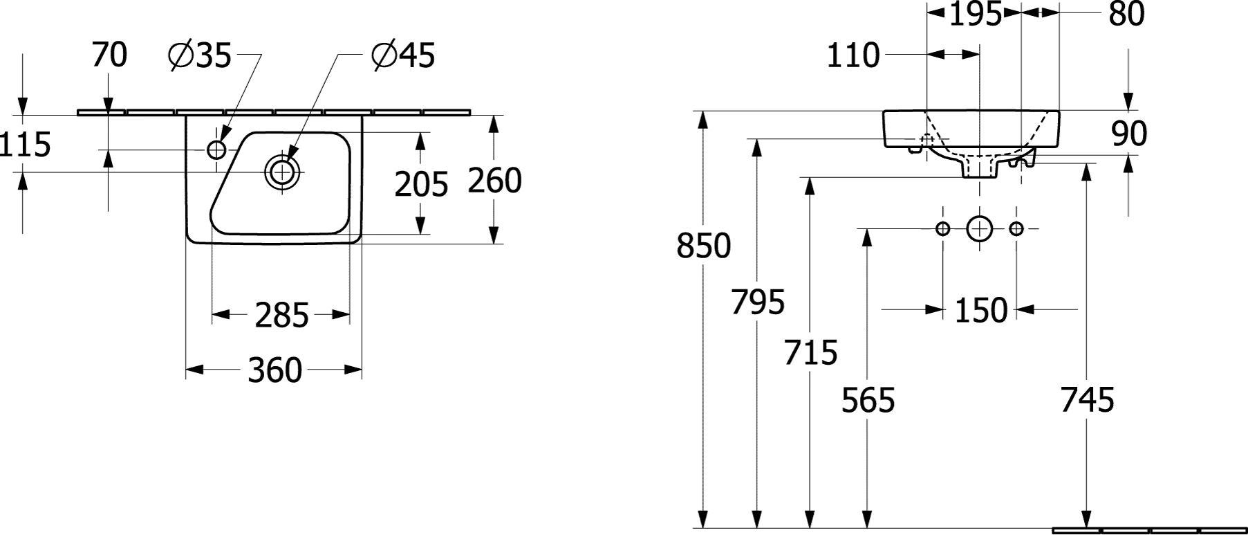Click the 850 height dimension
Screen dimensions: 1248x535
tap(703, 246)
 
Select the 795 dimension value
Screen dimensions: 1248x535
tap(758, 302)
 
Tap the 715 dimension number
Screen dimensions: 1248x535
tap(810, 352)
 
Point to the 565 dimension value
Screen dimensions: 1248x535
tap(868, 400)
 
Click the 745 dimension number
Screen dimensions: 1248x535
tap(1088, 400)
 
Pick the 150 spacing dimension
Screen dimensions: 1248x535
tap(980, 311)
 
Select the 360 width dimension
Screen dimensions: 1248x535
tap(274, 371)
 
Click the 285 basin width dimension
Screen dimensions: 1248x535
tap(281, 316)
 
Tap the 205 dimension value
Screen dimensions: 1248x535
tap(421, 184)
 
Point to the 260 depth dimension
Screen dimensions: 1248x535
tap(494, 181)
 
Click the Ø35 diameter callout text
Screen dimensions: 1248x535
tap(199, 55)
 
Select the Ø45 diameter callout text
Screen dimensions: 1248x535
tap(403, 55)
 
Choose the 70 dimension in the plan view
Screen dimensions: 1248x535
tap(109, 55)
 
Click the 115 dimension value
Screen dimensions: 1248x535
tap(26, 145)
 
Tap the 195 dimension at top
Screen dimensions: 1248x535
tap(975, 15)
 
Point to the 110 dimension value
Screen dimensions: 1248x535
tap(853, 55)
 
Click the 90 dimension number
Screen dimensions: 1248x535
tap(1129, 134)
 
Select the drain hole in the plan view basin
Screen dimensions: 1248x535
tap(282, 172)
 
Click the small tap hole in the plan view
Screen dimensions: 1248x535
tap(217, 149)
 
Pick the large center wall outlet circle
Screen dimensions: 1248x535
tap(979, 228)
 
